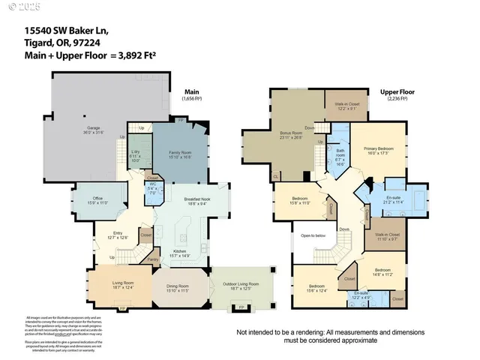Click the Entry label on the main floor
coord(117,233)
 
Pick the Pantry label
coord(152,259)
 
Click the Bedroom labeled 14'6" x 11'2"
coord(382,270)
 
